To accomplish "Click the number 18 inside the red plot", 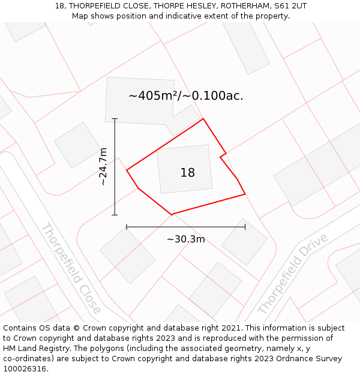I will click(187, 173).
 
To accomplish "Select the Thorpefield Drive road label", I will click(292, 274).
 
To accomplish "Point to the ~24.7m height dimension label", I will click(103, 166).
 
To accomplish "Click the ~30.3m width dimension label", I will click(185, 239).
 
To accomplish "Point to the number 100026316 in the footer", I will click(24, 368).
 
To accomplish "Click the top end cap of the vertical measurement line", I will click(115, 119).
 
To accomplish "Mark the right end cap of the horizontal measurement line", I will click(245, 227).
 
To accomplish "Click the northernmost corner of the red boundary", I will click(203, 119).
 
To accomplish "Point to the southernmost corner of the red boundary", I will click(172, 214).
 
